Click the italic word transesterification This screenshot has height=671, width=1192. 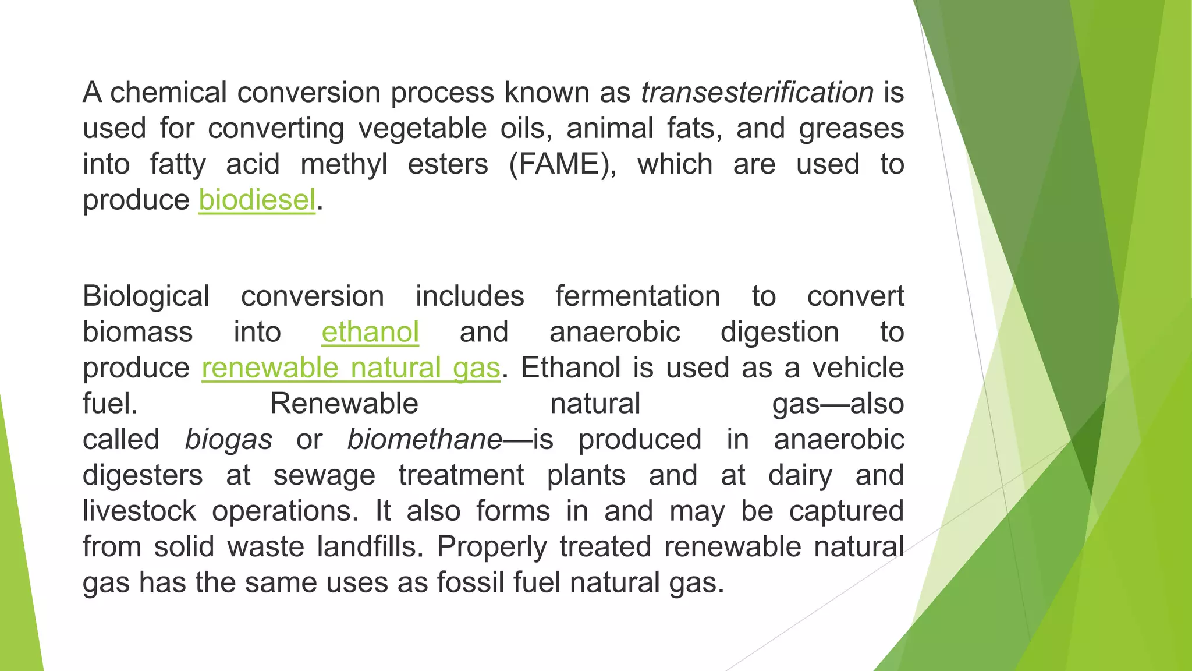(757, 93)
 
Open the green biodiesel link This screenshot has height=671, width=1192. (257, 200)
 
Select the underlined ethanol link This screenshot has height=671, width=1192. (370, 332)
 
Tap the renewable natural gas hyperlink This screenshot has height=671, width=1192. (351, 368)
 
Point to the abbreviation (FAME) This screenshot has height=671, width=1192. (562, 164)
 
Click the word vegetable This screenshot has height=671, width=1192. (423, 129)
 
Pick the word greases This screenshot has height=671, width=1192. (851, 129)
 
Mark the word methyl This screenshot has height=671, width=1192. (343, 164)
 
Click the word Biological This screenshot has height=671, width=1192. (146, 296)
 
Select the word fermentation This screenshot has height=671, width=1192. (638, 296)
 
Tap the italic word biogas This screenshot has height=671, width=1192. (228, 440)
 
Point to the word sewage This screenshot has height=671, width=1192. (324, 475)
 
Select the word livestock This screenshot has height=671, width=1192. (139, 511)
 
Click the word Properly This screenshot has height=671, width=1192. (492, 547)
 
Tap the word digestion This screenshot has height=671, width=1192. (779, 332)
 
